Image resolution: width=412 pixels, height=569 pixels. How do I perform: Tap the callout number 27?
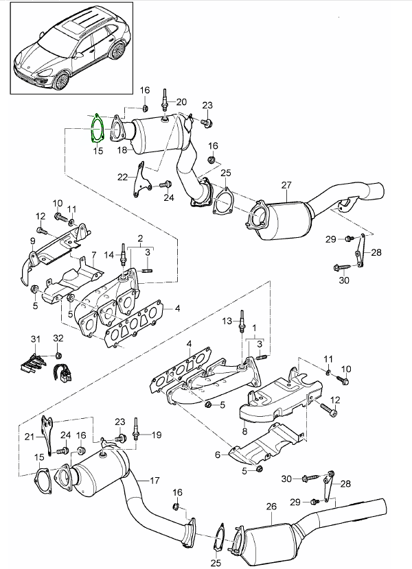point(286,184)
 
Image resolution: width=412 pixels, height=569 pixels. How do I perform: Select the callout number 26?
point(271,507)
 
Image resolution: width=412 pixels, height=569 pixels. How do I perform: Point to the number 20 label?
point(181,102)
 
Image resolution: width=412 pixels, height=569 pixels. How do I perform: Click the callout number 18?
point(122,149)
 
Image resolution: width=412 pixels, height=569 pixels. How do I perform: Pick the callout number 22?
point(122,176)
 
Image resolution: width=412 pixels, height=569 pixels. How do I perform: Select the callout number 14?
point(108,255)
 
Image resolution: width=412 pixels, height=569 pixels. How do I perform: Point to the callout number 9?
point(32,241)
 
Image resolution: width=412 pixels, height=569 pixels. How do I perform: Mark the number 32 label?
point(58,339)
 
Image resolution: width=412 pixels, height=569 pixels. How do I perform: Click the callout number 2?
point(140,239)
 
